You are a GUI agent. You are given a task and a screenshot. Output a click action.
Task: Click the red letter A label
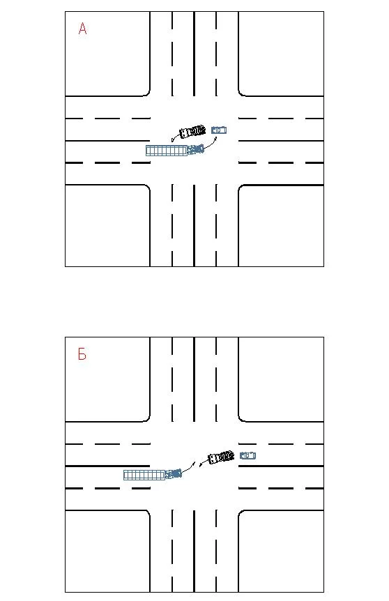(82, 29)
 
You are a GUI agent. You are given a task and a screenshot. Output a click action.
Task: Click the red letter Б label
(82, 354)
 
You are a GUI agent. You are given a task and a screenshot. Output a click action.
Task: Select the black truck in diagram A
(192, 132)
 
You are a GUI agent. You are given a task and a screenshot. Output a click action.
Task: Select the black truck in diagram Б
(221, 457)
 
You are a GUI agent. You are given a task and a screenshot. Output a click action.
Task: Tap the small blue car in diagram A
(219, 130)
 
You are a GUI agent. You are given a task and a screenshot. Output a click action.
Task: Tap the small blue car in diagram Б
(248, 455)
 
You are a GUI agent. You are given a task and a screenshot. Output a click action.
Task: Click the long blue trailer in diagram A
(167, 151)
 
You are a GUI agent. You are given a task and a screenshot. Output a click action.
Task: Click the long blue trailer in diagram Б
(144, 475)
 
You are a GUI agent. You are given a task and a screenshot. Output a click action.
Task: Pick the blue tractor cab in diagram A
(195, 149)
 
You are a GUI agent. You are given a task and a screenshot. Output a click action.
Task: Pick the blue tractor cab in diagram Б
(173, 473)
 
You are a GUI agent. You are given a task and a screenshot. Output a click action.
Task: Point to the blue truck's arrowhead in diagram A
(216, 137)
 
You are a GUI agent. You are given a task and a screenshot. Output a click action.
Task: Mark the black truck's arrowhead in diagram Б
(201, 465)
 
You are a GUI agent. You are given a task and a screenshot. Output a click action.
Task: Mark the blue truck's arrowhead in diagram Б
(194, 463)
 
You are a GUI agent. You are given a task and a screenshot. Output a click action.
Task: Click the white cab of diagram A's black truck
(185, 133)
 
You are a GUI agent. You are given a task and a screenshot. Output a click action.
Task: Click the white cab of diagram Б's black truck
(213, 459)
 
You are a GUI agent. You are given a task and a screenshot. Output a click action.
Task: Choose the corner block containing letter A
(107, 54)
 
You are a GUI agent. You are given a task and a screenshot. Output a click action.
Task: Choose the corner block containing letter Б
(107, 379)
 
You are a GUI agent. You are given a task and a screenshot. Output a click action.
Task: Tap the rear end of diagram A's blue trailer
(146, 151)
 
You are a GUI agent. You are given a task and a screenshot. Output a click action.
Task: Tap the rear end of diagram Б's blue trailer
(124, 476)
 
